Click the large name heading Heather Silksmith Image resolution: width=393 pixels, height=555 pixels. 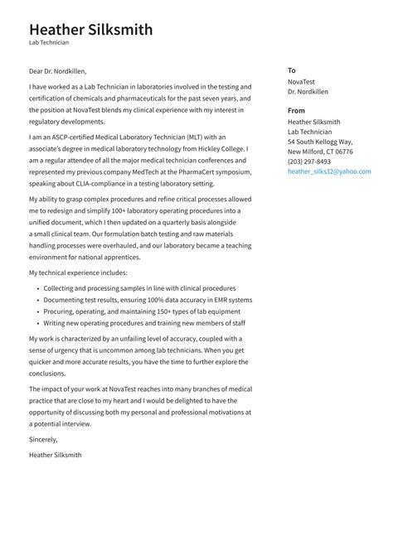pos(90,30)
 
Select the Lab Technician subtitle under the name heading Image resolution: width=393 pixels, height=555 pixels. pos(49,42)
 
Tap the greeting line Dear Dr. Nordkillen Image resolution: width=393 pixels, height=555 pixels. pos(57,71)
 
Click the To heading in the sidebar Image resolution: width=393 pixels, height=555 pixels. pos(292,70)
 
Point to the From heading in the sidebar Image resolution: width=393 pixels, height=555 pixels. pos(296,110)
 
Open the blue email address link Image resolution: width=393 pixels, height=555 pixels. pos(329,171)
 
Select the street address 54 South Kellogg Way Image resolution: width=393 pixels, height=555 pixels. pos(320,142)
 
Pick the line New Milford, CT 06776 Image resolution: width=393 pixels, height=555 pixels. pos(320,152)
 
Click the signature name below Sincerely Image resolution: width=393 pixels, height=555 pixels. pos(55,455)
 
